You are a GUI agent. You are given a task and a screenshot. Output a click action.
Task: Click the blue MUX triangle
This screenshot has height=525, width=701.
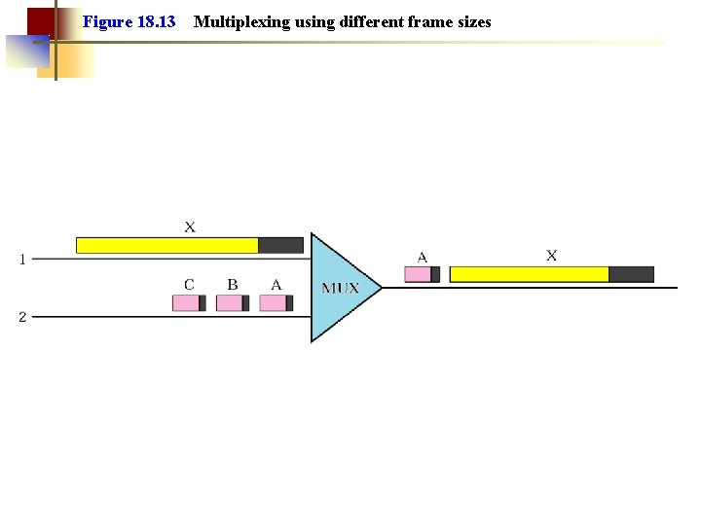pos(336,288)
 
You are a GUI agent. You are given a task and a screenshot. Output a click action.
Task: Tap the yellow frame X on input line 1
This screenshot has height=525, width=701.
pos(167,245)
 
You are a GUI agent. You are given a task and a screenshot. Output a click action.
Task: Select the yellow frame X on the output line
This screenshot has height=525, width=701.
pos(530,274)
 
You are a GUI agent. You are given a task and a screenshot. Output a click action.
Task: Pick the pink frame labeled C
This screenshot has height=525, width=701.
pos(186,303)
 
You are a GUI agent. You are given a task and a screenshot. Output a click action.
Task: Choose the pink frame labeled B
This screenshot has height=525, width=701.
pos(230,303)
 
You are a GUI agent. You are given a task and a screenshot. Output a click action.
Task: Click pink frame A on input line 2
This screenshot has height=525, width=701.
pos(274,303)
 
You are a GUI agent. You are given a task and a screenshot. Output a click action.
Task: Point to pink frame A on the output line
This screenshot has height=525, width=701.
pos(418,274)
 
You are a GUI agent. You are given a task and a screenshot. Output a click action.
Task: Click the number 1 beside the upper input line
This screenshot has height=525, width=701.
pos(22,260)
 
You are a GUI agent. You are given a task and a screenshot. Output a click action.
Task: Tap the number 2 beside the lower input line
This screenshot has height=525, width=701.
pos(22,317)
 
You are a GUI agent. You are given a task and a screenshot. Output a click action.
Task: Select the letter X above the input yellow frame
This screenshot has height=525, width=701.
pos(190,227)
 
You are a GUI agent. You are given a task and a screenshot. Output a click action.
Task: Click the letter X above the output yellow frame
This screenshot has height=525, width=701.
pos(552,256)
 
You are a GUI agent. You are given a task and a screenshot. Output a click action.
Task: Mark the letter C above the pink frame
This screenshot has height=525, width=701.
pos(189,285)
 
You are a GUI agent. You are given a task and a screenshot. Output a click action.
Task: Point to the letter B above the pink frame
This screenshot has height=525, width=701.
pos(233,285)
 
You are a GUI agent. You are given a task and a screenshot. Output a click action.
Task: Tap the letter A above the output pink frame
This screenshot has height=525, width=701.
pos(423,258)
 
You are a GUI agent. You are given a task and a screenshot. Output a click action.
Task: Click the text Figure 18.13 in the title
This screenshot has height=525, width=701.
pos(129,21)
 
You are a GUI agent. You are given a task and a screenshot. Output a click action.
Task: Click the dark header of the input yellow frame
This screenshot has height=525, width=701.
pos(280,245)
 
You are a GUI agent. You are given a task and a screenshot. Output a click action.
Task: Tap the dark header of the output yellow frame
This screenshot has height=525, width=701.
pos(631,274)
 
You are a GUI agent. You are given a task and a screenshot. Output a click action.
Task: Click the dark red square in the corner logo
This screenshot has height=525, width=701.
pos(40,20)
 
